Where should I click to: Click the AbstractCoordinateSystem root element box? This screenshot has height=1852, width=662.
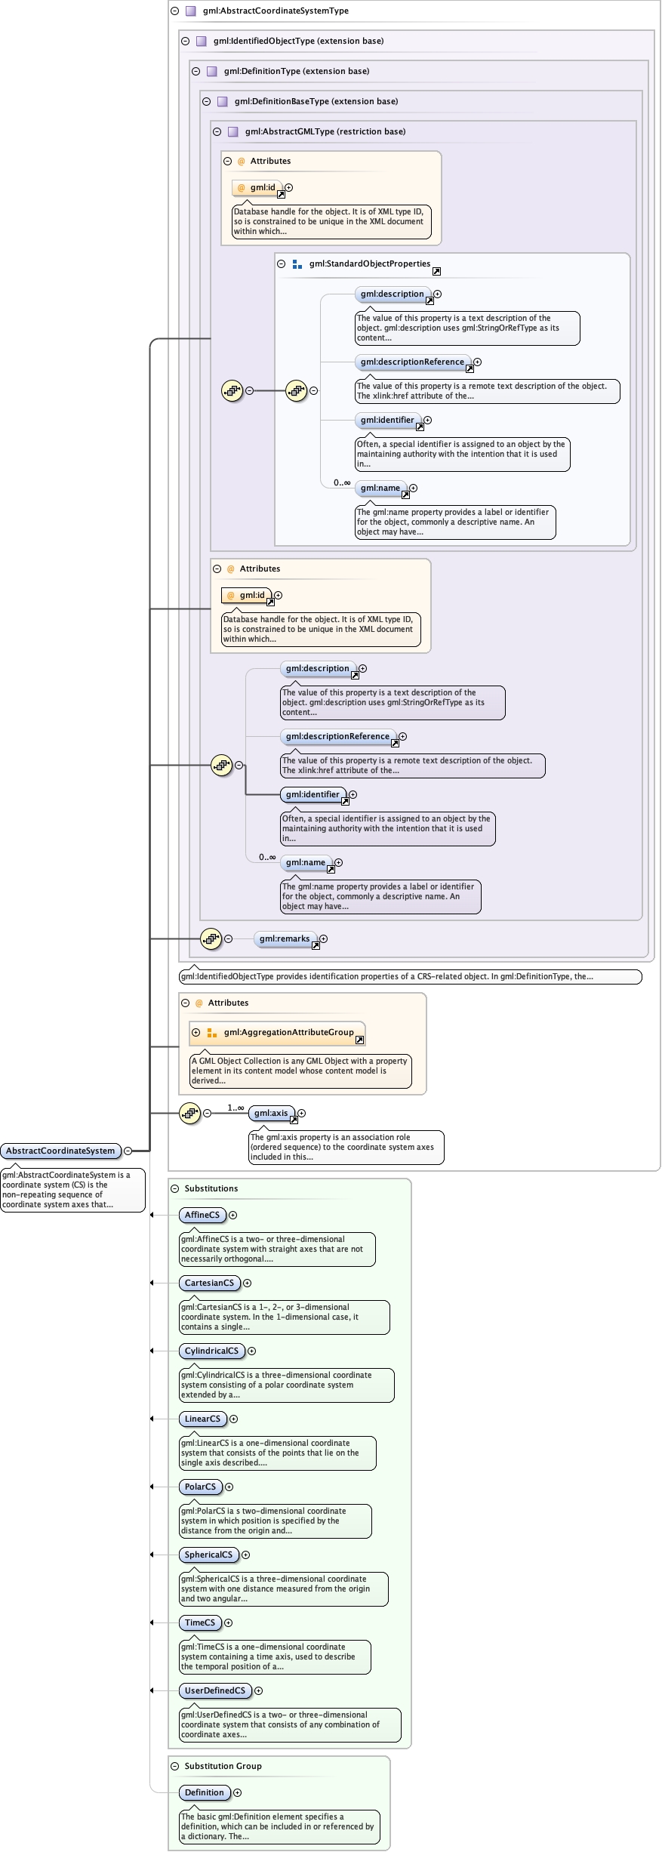click(60, 1151)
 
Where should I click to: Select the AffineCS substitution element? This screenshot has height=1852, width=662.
click(202, 1215)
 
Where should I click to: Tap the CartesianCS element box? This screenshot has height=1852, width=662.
click(209, 1283)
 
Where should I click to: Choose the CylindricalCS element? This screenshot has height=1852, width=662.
click(211, 1351)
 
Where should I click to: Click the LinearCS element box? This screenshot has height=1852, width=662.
click(202, 1419)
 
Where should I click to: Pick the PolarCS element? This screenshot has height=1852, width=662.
click(200, 1487)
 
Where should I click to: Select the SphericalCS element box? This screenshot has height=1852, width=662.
click(208, 1555)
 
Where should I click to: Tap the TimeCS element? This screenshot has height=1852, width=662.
click(200, 1622)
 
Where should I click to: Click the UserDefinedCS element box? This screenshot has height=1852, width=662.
click(215, 1690)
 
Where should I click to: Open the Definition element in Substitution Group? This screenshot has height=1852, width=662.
click(205, 1792)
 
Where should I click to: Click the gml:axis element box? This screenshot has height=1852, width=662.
click(271, 1113)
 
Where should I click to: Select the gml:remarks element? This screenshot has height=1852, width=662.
click(285, 938)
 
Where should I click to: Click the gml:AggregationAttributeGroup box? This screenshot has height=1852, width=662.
click(288, 1032)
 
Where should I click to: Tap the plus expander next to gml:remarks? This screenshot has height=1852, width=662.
click(323, 938)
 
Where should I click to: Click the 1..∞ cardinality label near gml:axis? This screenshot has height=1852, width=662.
click(236, 1108)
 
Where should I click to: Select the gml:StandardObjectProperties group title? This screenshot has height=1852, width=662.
click(369, 263)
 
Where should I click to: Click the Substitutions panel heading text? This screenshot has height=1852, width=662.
click(211, 1188)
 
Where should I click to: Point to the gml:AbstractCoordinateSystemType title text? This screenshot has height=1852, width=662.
click(276, 11)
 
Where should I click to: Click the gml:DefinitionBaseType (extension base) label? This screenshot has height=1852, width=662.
click(316, 101)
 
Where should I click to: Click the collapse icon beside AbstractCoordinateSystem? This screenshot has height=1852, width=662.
click(128, 1151)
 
